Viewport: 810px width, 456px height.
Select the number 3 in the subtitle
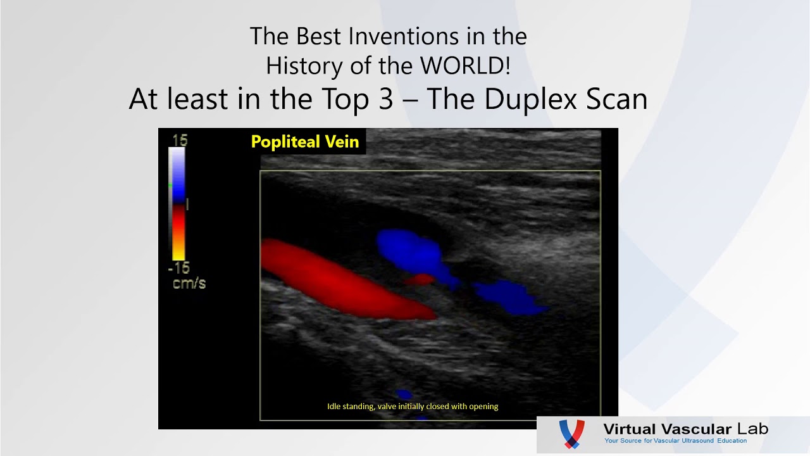386,99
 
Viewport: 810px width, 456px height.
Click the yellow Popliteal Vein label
305,142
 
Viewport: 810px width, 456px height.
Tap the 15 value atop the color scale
179,140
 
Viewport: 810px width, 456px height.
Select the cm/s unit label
189,283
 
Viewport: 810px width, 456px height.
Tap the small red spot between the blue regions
420,279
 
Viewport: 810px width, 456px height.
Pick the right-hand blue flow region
506,296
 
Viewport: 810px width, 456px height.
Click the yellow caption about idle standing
413,407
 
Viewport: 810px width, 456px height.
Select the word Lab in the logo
752,429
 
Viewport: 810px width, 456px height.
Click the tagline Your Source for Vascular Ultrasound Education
675,441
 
